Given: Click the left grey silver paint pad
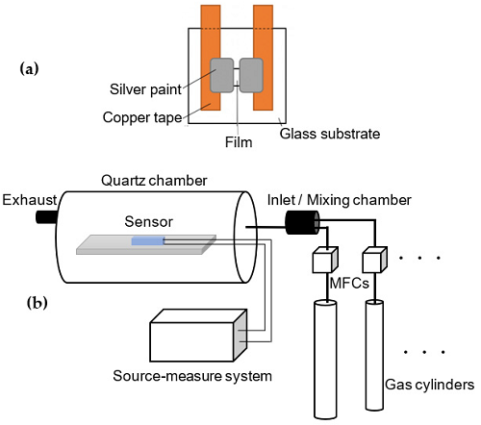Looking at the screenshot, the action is [x=222, y=75].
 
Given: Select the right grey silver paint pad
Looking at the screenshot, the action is [x=251, y=75].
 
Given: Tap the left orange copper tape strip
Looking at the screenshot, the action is [x=211, y=58].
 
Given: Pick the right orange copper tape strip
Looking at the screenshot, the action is [x=263, y=58].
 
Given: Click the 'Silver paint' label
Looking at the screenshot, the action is [x=145, y=89].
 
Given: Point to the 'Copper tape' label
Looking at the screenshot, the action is [x=142, y=117].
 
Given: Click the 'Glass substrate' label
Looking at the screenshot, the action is [x=330, y=134].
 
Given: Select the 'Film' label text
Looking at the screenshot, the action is [x=239, y=142].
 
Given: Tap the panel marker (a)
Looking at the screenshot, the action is [x=29, y=69].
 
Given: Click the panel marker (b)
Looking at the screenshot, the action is [x=38, y=303].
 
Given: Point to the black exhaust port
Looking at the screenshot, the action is [x=47, y=216].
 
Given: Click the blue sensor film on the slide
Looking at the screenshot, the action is [x=148, y=240].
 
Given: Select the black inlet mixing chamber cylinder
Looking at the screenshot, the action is [x=302, y=222].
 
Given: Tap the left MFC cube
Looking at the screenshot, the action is [x=325, y=260].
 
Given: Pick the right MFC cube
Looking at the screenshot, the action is [x=375, y=260].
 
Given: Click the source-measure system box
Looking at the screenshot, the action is [x=198, y=336].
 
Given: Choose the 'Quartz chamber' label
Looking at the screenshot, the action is [x=154, y=181].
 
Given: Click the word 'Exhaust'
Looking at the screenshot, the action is [x=30, y=200].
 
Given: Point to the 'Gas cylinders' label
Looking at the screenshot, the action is [x=429, y=385].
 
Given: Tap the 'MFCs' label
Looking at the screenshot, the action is [x=349, y=284].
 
